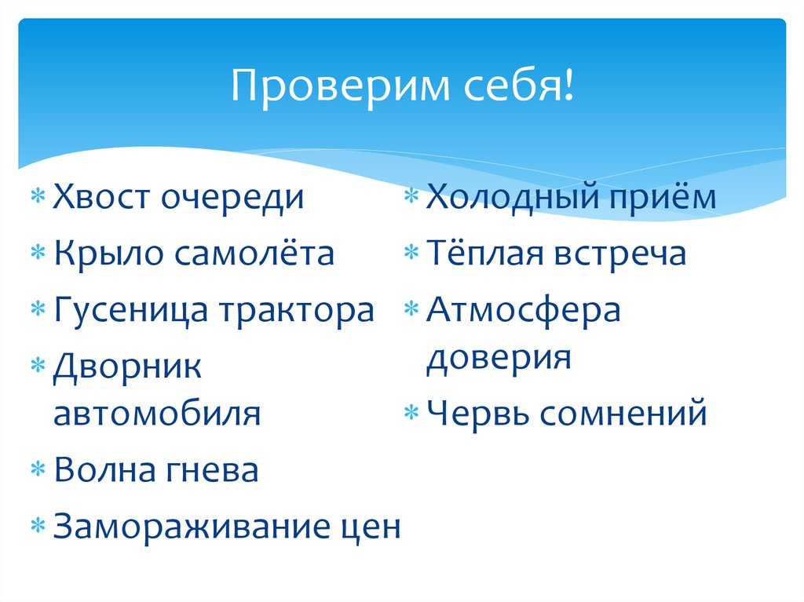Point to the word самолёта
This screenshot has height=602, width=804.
(254, 254)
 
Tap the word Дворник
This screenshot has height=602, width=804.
(128, 367)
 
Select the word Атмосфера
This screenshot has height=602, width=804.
(524, 311)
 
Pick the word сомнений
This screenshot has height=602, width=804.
(625, 413)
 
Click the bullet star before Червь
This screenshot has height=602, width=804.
(413, 414)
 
